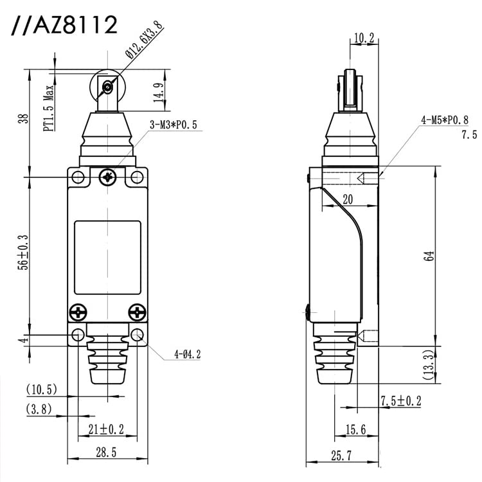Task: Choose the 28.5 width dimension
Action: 107,452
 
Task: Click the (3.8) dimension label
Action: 39,409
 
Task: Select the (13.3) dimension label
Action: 438,364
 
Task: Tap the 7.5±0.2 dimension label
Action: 400,400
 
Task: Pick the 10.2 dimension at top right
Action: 363,39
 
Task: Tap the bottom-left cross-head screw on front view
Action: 78,312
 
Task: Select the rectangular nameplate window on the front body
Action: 107,257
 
